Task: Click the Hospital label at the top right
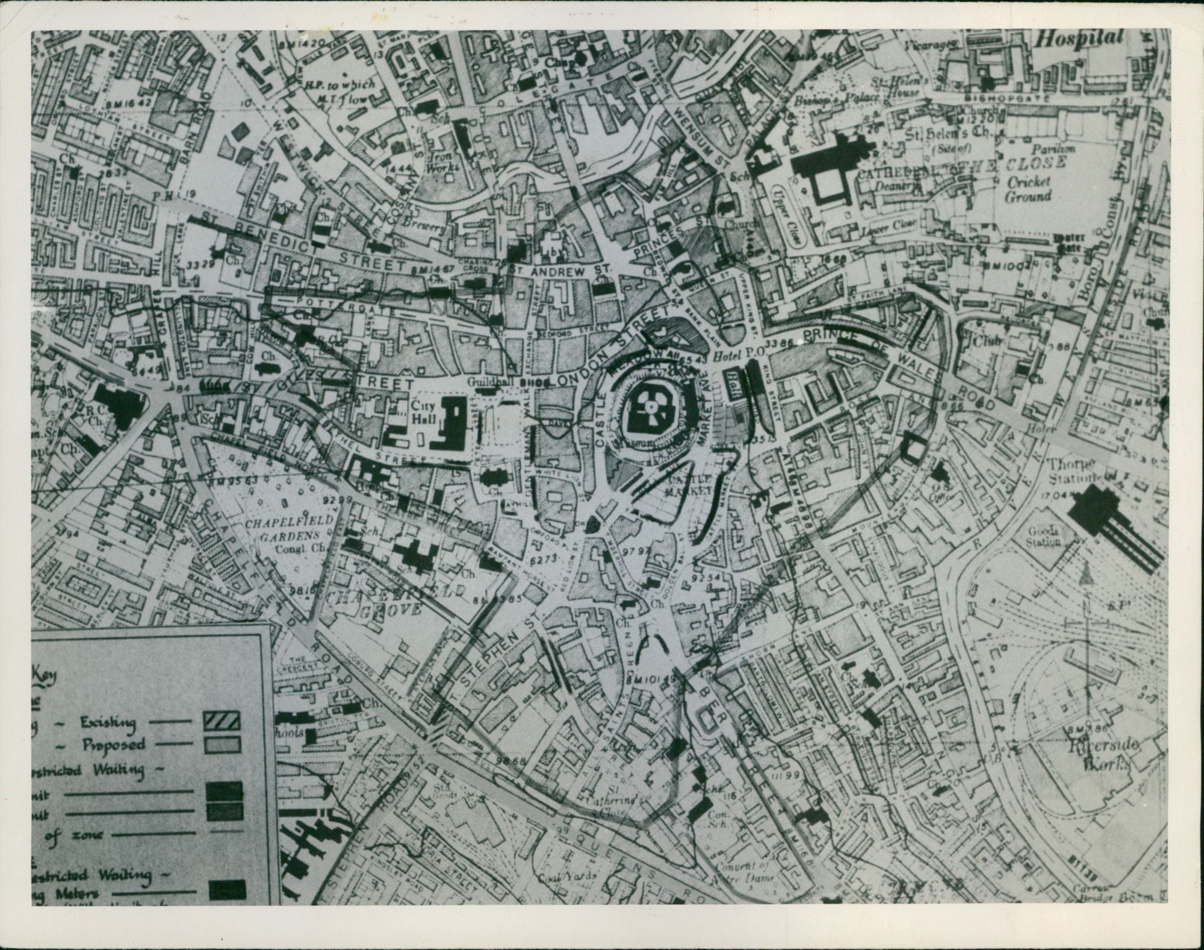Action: (1081, 38)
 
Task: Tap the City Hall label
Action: (424, 410)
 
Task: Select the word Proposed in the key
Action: (113, 745)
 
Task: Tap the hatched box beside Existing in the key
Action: (222, 720)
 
